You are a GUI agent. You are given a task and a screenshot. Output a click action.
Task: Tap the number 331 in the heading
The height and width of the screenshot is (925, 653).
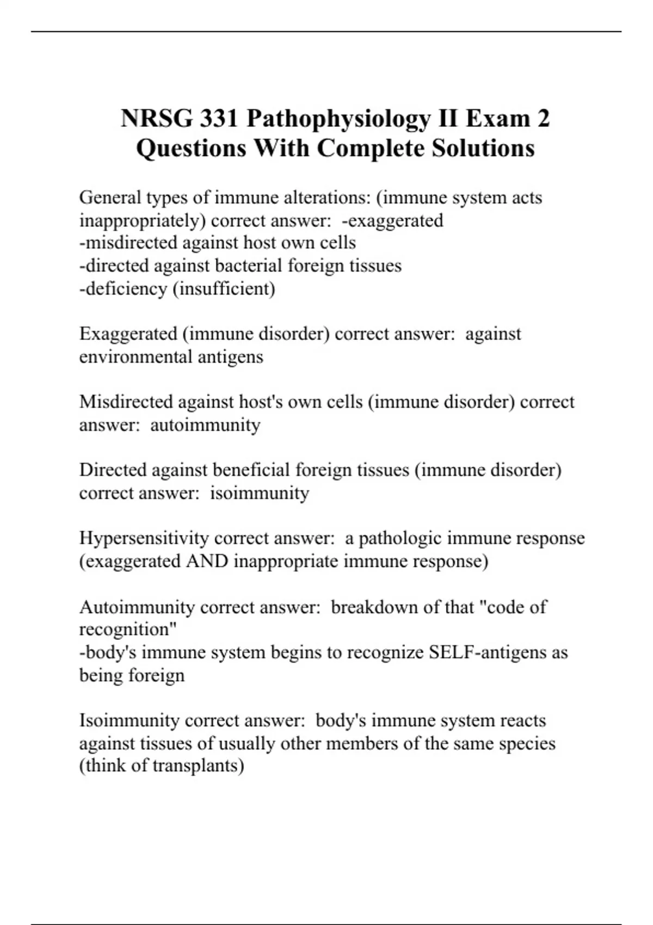click(219, 119)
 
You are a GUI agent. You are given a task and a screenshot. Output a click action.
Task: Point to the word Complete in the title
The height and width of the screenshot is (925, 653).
click(371, 148)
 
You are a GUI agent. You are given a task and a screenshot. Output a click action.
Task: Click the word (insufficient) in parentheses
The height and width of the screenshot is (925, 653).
click(224, 288)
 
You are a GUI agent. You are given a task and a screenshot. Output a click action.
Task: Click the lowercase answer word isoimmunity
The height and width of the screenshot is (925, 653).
click(260, 493)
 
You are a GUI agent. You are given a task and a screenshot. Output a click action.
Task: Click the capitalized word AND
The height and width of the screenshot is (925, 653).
click(207, 561)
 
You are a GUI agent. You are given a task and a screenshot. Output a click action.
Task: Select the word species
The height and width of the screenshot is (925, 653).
click(525, 743)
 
